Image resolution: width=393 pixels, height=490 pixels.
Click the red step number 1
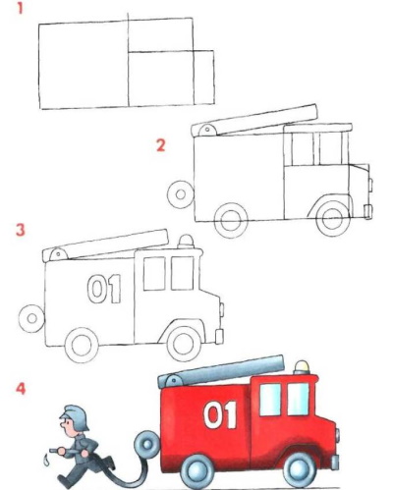tap(20, 8)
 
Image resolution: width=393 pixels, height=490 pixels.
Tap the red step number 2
tap(161, 145)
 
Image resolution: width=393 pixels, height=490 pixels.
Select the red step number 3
tap(21, 230)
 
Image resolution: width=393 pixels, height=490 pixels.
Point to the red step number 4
tap(21, 389)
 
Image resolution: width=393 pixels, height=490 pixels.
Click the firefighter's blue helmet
tap(76, 416)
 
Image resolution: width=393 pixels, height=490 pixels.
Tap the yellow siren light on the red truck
tap(302, 367)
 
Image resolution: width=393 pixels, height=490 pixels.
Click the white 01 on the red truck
tap(220, 414)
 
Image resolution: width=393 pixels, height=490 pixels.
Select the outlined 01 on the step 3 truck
tap(104, 289)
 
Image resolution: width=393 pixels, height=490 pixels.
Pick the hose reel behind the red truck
tap(146, 444)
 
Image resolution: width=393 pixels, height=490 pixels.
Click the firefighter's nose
tap(62, 425)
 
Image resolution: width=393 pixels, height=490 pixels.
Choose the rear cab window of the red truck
tap(270, 400)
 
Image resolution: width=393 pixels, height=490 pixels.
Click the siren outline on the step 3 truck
tap(186, 242)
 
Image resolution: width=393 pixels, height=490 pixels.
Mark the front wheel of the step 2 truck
tap(333, 219)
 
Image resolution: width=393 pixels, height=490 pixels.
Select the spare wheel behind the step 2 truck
tap(180, 194)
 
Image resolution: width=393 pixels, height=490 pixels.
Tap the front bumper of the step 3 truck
tap(220, 336)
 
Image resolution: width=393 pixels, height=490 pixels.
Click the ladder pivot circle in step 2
tap(207, 130)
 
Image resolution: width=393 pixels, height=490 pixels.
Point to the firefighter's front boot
tap(64, 480)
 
